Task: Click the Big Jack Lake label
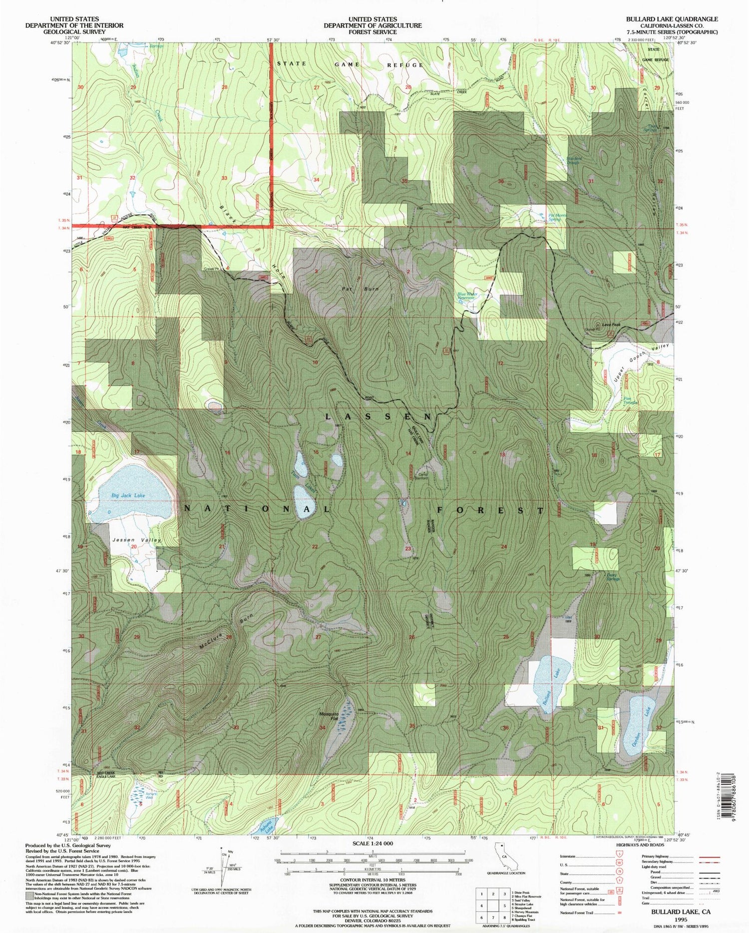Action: pyautogui.click(x=128, y=495)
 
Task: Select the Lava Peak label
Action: pyautogui.click(x=611, y=325)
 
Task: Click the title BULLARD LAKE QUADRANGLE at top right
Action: pyautogui.click(x=672, y=19)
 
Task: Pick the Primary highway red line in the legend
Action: pyautogui.click(x=709, y=856)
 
